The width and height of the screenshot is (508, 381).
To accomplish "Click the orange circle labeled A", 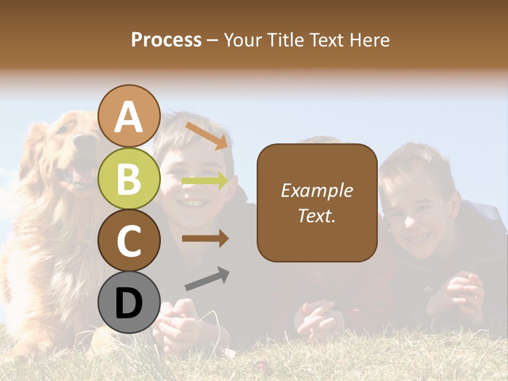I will (129, 116).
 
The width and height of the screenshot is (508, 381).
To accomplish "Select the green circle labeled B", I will (129, 179).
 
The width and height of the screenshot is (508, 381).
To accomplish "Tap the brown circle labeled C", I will (129, 240).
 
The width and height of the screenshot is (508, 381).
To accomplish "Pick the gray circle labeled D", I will (129, 303).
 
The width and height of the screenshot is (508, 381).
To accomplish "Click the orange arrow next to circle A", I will (206, 135).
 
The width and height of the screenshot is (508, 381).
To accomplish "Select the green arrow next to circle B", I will (205, 181).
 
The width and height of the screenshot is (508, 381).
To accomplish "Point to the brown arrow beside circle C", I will (205, 239).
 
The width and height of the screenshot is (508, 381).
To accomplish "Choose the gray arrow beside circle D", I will (207, 279).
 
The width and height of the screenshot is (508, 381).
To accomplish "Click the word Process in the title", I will (166, 40).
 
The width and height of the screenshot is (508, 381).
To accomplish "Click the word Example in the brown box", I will (316, 190).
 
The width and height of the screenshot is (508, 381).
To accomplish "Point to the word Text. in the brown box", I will (316, 215).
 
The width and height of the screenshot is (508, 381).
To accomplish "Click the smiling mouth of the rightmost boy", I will (418, 237).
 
